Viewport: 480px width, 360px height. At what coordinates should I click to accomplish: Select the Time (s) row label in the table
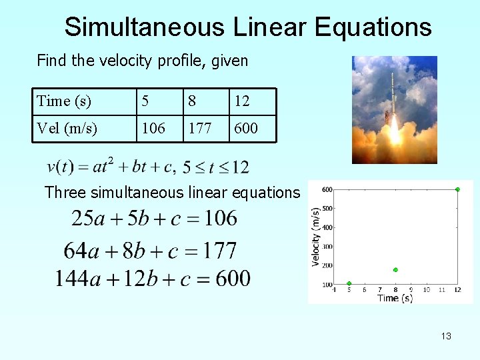click(63, 101)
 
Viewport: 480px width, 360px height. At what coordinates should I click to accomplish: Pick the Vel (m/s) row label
click(67, 128)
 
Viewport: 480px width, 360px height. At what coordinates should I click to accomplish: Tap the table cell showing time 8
click(192, 101)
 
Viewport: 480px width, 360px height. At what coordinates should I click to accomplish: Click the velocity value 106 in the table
click(153, 128)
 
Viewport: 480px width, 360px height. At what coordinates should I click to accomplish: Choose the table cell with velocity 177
click(199, 128)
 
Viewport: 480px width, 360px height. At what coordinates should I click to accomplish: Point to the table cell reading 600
click(245, 128)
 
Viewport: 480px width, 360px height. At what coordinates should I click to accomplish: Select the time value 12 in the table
click(241, 101)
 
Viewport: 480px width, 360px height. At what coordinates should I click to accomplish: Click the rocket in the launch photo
click(393, 100)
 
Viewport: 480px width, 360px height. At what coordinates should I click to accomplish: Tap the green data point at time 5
click(349, 283)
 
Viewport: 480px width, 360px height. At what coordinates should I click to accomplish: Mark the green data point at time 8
click(395, 270)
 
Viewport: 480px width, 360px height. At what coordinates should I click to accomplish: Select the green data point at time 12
click(457, 189)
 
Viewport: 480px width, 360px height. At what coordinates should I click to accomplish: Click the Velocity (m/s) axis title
click(315, 237)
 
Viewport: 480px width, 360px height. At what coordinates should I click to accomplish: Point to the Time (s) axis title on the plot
click(395, 298)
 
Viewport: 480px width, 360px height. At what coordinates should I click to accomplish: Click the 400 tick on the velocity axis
click(327, 227)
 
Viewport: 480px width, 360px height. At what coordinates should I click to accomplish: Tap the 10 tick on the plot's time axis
click(427, 290)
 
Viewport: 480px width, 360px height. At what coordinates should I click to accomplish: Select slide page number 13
click(446, 336)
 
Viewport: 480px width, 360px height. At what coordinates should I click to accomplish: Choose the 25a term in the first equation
click(87, 218)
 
